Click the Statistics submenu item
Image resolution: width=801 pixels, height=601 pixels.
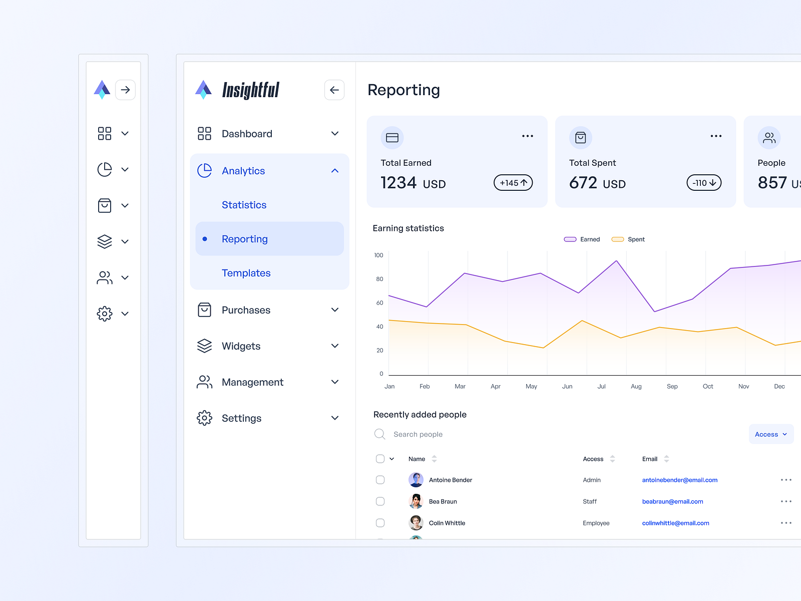[x=244, y=205]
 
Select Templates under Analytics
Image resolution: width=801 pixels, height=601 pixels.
[x=246, y=273]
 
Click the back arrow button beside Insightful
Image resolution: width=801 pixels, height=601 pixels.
[x=334, y=90]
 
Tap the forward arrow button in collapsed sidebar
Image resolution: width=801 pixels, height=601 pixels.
[x=125, y=90]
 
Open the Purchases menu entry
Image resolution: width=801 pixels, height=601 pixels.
[x=246, y=310]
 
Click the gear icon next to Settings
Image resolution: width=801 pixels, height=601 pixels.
[x=204, y=418]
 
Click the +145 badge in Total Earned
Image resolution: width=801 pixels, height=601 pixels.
[x=513, y=183]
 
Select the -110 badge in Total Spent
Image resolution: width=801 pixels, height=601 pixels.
[x=704, y=183]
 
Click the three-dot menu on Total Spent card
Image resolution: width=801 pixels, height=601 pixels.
[x=716, y=136]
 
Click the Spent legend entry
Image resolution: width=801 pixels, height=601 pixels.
[x=629, y=239]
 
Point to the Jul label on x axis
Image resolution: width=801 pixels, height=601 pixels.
[x=601, y=387]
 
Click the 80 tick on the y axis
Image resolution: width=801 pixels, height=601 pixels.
[x=379, y=279]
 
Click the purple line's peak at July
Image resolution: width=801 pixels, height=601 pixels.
[x=616, y=261]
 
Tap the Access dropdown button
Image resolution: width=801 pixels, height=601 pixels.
[x=771, y=434]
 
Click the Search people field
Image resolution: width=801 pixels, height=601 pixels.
[x=418, y=434]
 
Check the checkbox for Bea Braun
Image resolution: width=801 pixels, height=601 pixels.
[x=380, y=501]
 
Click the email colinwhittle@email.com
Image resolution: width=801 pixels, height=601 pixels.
[x=675, y=523]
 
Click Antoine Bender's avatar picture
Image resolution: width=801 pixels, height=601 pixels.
[x=416, y=480]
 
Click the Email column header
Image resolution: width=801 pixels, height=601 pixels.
[x=650, y=459]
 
